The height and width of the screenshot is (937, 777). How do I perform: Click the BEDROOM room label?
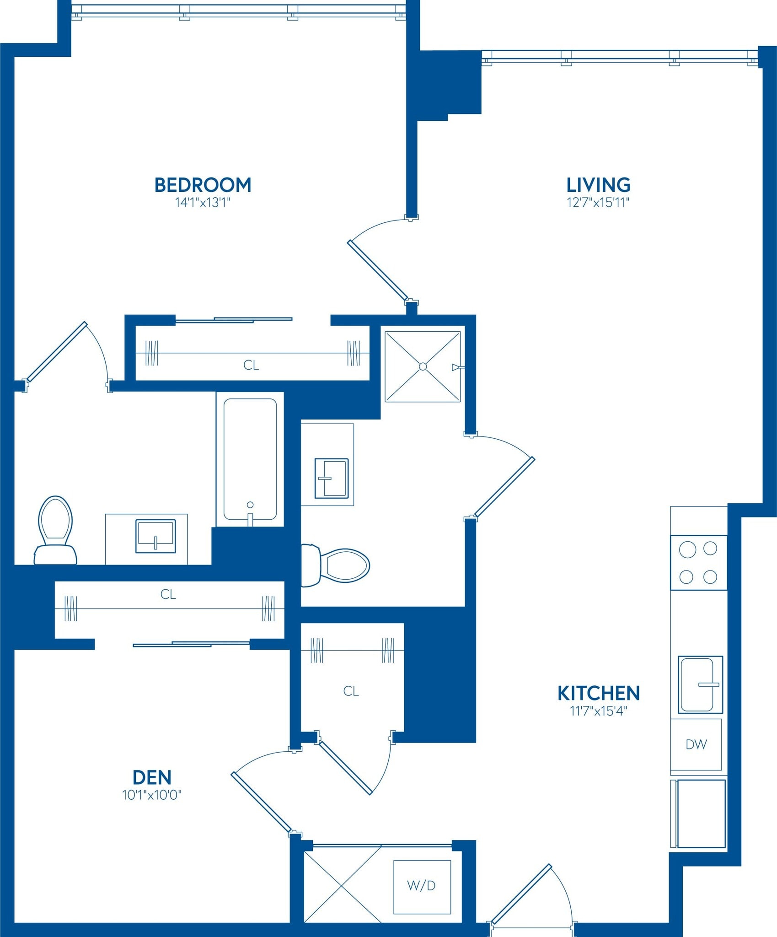coord(203,185)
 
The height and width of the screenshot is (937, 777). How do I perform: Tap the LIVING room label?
coord(598,185)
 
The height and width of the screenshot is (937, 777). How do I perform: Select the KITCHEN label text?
coord(598,693)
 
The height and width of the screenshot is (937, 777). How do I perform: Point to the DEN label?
coord(152,777)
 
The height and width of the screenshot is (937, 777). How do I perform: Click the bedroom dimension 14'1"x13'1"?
coord(203,203)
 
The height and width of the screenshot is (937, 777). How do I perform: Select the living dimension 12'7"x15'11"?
coord(598,203)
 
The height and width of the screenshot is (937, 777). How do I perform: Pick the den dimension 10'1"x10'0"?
coord(152,795)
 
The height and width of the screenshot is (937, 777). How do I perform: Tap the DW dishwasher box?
coord(696,745)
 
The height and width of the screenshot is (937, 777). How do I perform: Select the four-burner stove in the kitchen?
coord(698,563)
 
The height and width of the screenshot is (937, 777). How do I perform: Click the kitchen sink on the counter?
coord(700,685)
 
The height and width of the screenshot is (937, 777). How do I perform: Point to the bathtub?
coord(250,459)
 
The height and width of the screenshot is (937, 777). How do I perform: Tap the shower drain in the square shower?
coord(423,366)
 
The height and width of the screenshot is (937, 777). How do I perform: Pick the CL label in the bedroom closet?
coord(251,365)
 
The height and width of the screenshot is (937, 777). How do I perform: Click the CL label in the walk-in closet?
coord(351,691)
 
